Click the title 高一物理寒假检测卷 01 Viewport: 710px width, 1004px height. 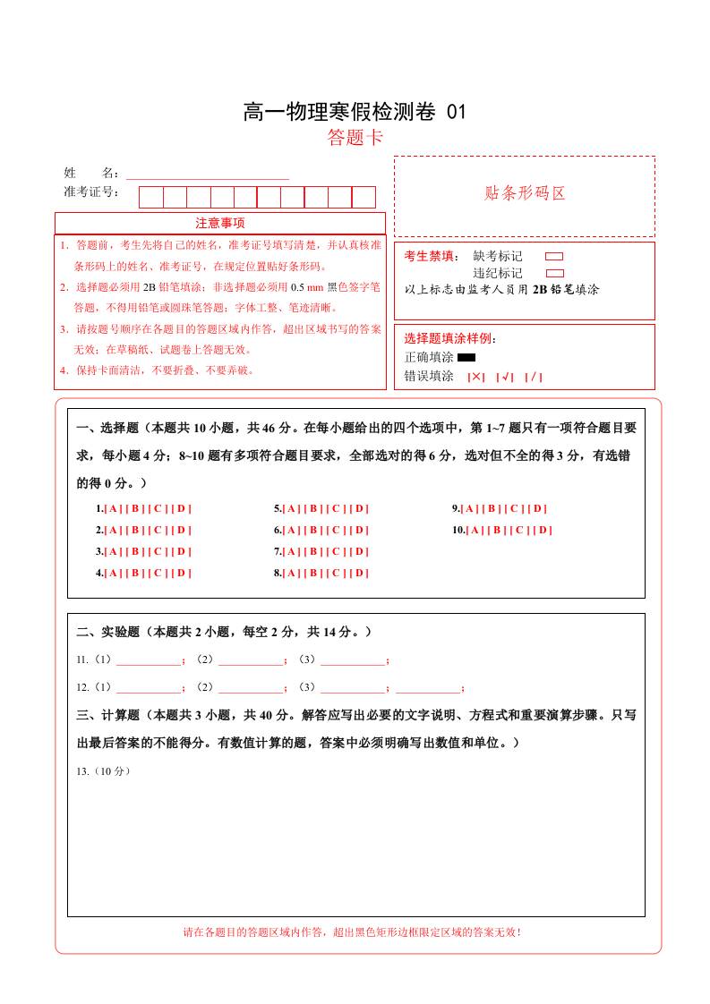point(355,112)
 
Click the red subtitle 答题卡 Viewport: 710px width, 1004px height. point(355,138)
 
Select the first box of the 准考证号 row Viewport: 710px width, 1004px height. point(150,197)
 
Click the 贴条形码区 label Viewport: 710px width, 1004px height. point(525,192)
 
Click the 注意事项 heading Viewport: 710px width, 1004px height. point(220,223)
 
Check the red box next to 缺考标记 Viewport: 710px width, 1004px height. point(554,256)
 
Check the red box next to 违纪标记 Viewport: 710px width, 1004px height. point(554,273)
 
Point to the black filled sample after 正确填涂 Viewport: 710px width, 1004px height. point(466,357)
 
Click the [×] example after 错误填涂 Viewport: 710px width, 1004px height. point(475,377)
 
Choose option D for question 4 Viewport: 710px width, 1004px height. point(182,573)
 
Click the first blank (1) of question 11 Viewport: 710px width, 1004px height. point(149,661)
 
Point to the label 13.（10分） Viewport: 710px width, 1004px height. point(104,771)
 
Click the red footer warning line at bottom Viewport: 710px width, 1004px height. point(352,932)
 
